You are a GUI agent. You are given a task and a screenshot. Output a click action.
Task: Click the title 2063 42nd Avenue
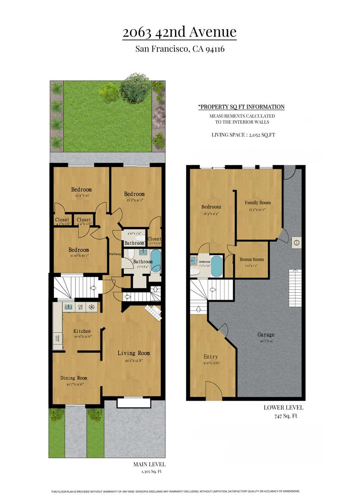179,32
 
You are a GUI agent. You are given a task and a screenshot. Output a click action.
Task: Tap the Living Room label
133,353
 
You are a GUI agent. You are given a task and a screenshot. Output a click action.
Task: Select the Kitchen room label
82,331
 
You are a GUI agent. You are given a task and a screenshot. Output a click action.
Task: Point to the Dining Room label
74,378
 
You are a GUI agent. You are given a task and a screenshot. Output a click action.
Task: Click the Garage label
266,335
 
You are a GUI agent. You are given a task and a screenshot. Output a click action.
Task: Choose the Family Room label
257,202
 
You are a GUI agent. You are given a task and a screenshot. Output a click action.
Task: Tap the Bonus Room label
251,259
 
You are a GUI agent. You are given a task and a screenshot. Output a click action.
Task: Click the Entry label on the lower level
210,357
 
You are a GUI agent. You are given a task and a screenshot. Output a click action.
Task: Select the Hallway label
115,254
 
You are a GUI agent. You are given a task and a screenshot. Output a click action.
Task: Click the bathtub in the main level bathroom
156,261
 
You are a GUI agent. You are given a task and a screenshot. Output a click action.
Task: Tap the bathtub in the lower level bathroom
216,267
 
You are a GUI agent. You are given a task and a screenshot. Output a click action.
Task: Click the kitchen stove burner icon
91,307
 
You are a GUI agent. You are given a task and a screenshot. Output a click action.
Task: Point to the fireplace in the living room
153,312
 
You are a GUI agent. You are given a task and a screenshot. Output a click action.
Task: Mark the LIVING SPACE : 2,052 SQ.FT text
243,135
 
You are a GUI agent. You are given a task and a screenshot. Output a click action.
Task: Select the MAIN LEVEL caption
149,464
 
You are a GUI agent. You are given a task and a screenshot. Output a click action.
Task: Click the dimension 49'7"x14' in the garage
266,341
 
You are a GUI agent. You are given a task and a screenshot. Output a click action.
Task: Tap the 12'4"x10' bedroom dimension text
81,195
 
